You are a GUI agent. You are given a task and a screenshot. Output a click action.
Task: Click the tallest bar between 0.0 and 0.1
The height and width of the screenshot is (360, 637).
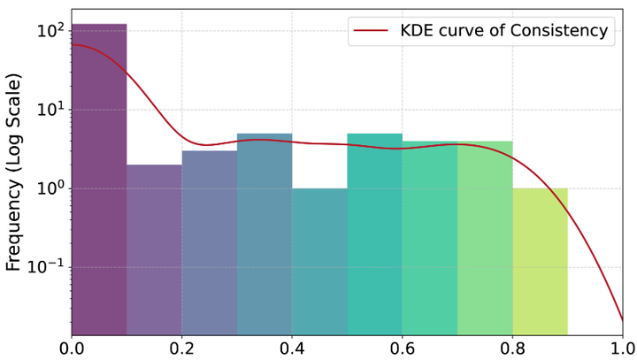pyautogui.click(x=99, y=177)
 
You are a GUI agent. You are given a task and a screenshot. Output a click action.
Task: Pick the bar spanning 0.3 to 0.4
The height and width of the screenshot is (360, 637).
pyautogui.click(x=265, y=234)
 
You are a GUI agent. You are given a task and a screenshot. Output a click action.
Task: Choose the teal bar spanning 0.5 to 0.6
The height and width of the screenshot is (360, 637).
pyautogui.click(x=374, y=234)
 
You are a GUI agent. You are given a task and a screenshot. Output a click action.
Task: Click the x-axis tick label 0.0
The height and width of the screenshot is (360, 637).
pyautogui.click(x=73, y=348)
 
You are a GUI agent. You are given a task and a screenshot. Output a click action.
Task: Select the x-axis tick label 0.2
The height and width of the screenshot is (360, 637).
pyautogui.click(x=182, y=348)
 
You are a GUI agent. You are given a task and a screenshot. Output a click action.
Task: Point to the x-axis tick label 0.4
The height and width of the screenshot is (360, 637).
pyautogui.click(x=292, y=348)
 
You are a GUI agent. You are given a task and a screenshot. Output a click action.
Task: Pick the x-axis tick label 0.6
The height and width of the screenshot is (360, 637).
pyautogui.click(x=403, y=348)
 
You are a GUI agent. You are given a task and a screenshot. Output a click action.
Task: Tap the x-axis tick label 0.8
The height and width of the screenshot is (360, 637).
pyautogui.click(x=512, y=348)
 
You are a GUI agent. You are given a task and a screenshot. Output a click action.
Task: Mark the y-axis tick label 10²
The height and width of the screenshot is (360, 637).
pyautogui.click(x=50, y=31)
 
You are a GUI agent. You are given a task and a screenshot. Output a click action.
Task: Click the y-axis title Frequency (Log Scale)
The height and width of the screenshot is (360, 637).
pyautogui.click(x=15, y=172)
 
